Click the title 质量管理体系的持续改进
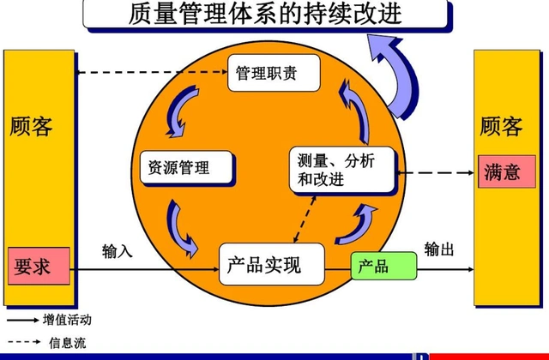click(267, 15)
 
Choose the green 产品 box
click(383, 266)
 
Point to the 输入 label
click(117, 251)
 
